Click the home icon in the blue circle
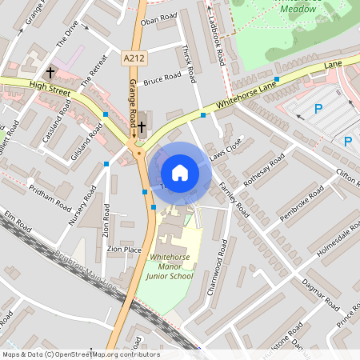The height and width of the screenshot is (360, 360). click(x=180, y=173)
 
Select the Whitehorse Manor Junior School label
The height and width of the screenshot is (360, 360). click(x=170, y=266)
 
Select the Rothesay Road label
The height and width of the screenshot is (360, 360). click(x=264, y=173)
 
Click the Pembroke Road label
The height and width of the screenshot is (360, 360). click(x=302, y=205)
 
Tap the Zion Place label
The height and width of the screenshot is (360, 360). click(x=124, y=250)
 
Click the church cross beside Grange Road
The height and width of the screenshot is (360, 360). click(x=142, y=126)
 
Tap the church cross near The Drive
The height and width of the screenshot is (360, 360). click(x=50, y=72)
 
